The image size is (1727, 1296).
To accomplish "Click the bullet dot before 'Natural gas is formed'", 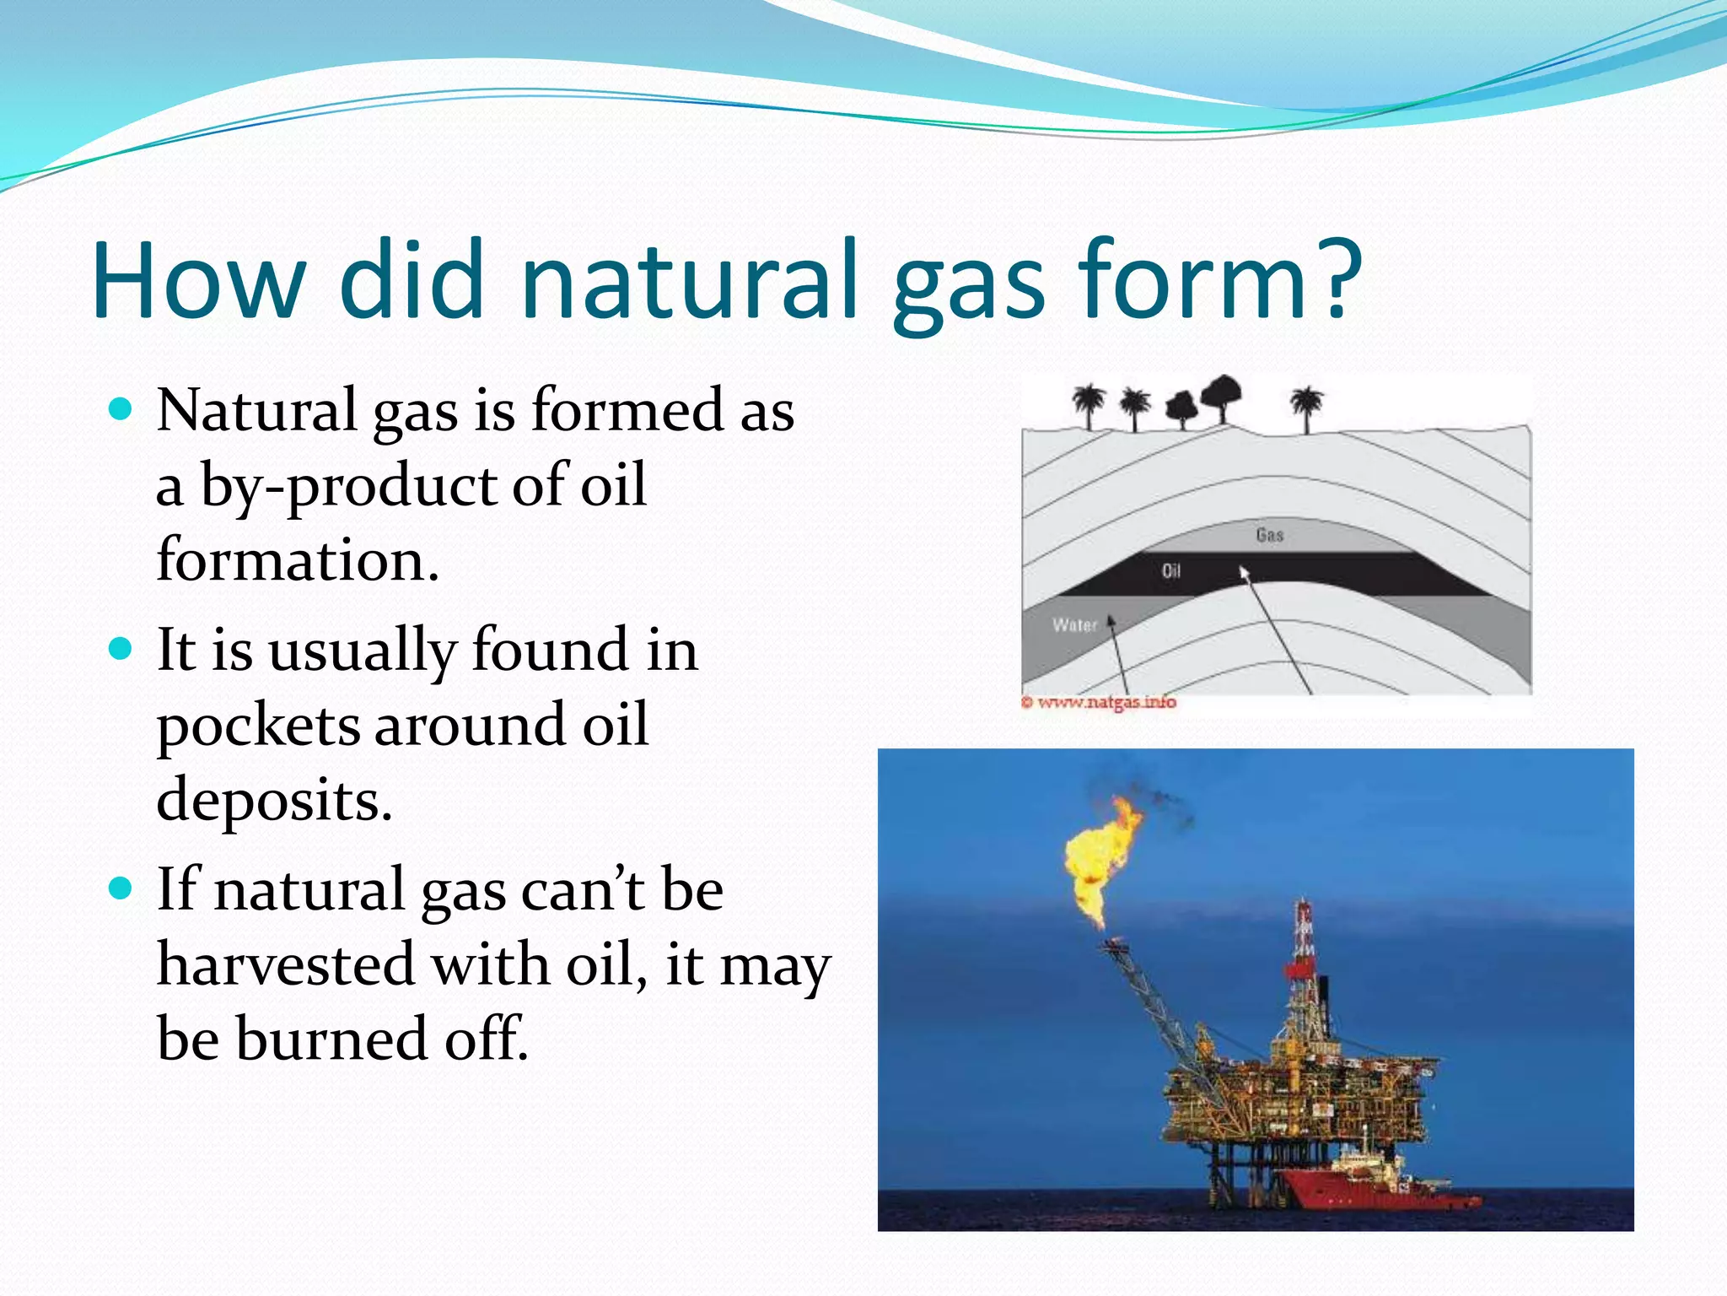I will pos(121,410).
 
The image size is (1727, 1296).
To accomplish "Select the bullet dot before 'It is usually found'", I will pos(121,649).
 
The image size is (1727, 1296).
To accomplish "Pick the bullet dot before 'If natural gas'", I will pos(121,888).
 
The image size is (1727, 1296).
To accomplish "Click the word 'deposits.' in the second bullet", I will pos(274,800).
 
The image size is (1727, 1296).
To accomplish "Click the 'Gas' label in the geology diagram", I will pos(1269,535).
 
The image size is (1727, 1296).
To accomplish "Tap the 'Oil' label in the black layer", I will pos(1170,571).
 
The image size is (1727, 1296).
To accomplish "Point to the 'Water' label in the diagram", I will pos(1074,625).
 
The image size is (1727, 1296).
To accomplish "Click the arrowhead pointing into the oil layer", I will pos(1243,573).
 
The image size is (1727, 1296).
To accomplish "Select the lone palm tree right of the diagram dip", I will pos(1306,407).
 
